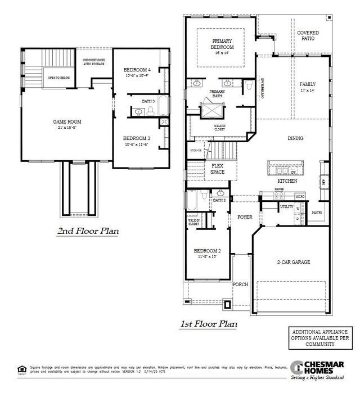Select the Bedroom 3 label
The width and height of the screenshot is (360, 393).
point(136,138)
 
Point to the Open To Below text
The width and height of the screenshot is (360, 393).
point(58,78)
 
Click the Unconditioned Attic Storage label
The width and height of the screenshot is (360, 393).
point(93,61)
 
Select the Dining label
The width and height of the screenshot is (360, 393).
point(295,138)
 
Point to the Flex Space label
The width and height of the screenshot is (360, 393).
point(218,169)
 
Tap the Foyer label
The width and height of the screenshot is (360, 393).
point(245,216)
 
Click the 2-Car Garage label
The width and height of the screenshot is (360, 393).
point(294,262)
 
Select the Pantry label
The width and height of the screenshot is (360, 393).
point(317,213)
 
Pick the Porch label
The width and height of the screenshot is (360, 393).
point(240,284)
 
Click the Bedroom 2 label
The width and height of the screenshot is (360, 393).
point(208,250)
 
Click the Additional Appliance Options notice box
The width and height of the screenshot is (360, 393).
point(319,339)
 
